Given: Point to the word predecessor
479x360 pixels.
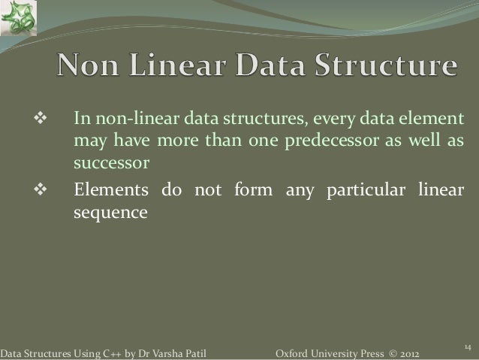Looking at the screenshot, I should click(324, 143).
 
